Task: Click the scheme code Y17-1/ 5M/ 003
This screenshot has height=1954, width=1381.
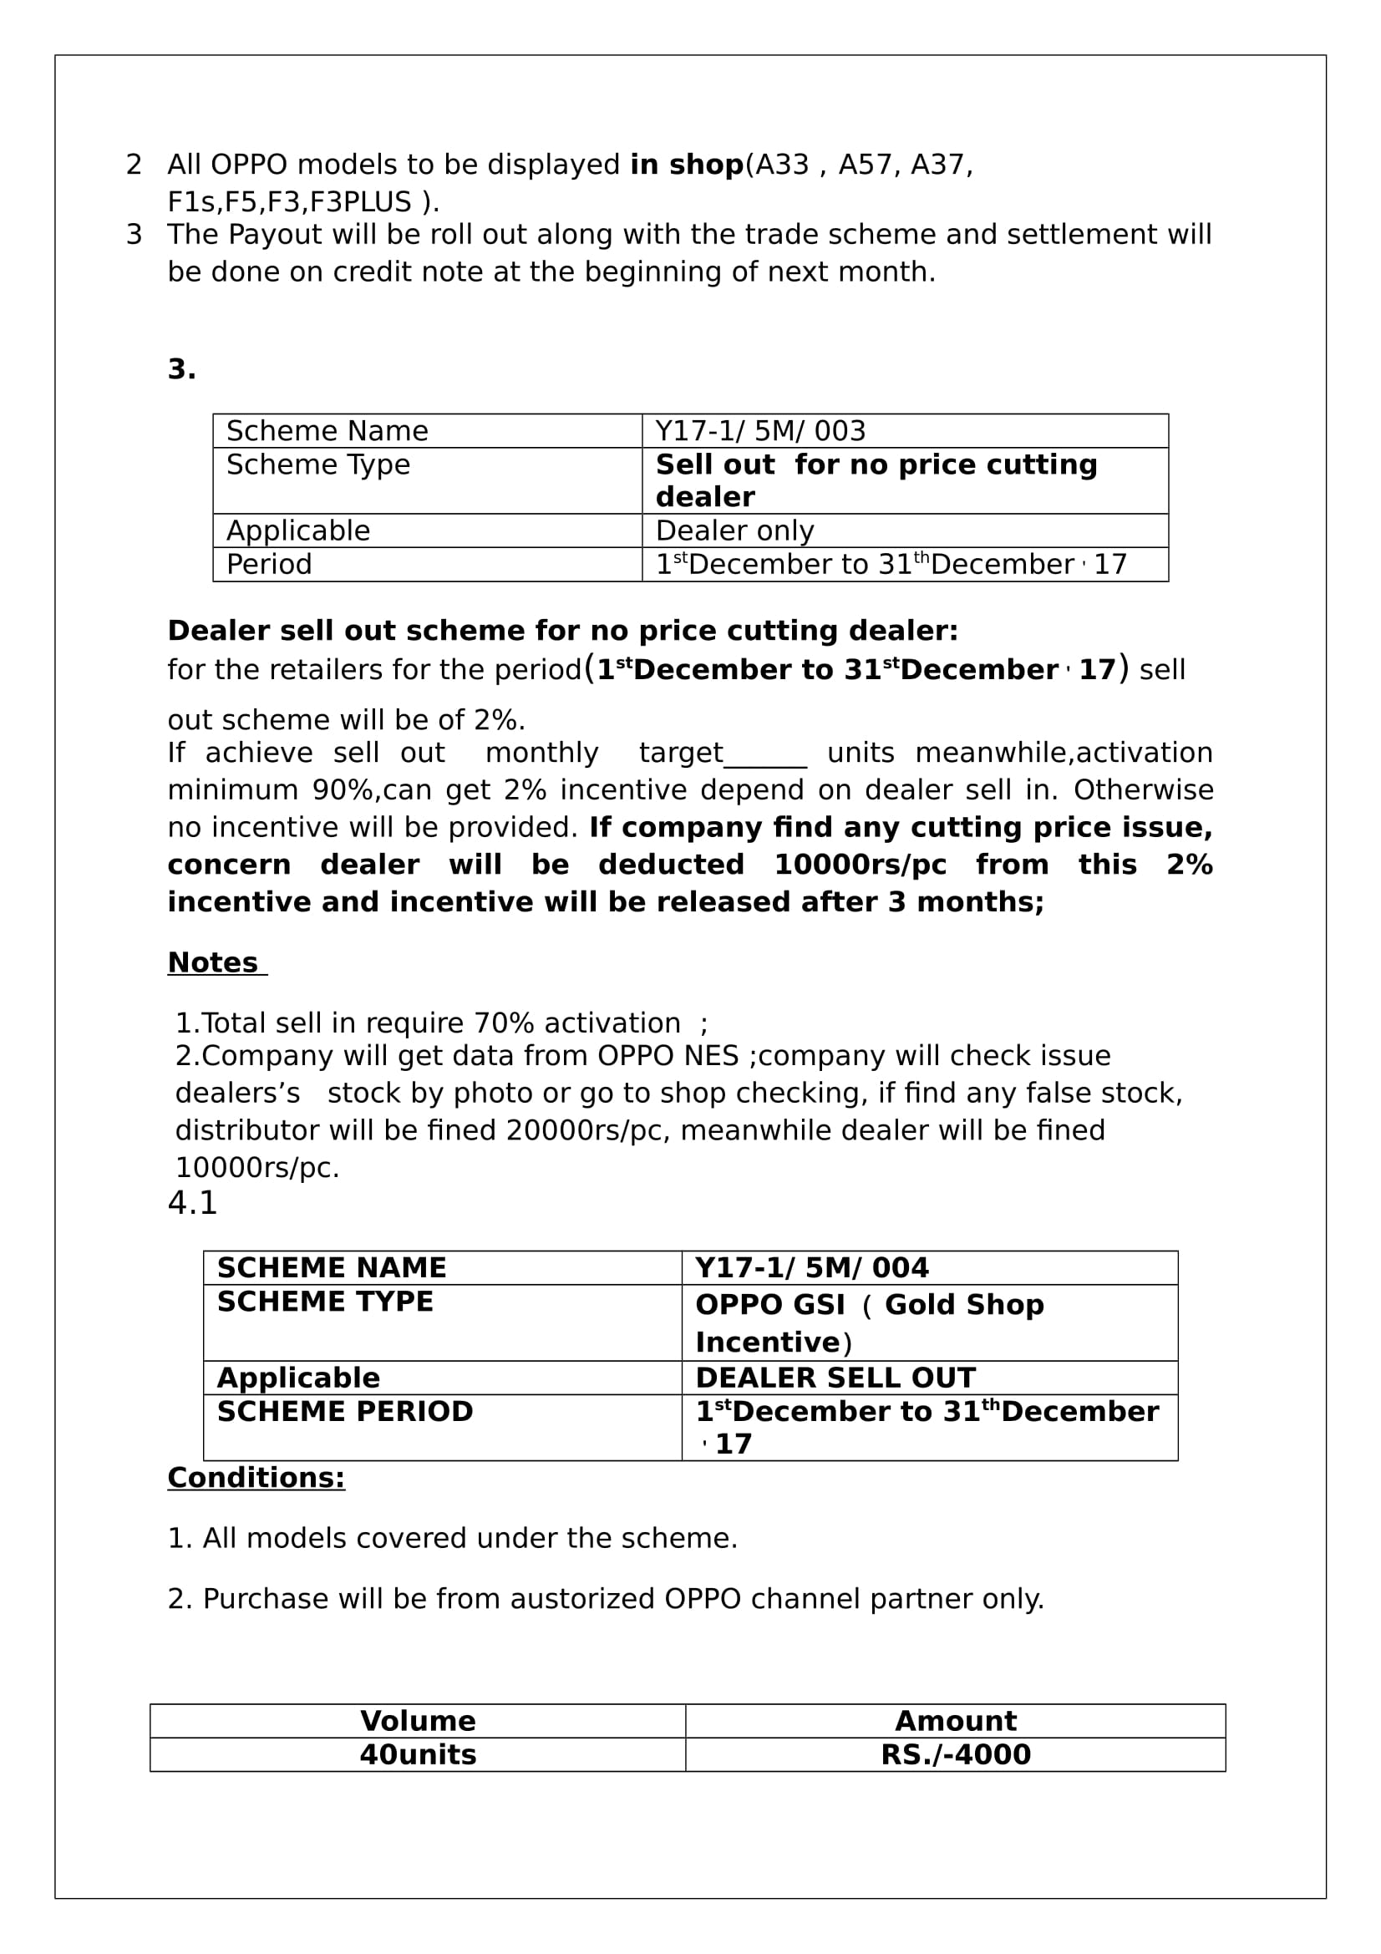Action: click(x=760, y=430)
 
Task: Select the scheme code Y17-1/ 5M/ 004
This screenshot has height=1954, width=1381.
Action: click(x=811, y=1267)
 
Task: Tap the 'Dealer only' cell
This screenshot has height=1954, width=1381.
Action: click(x=734, y=530)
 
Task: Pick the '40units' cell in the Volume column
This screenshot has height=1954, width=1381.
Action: click(x=417, y=1754)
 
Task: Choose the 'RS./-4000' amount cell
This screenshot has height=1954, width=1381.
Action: click(x=955, y=1754)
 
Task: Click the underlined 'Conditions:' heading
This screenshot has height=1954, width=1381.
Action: click(x=256, y=1478)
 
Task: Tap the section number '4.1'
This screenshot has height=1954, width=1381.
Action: click(x=192, y=1202)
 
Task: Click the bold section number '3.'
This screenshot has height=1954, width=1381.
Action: click(x=181, y=369)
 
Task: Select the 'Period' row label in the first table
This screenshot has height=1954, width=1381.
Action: click(x=269, y=564)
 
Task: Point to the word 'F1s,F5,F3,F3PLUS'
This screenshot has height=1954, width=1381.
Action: click(x=289, y=201)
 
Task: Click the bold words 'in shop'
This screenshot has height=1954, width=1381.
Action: click(x=687, y=165)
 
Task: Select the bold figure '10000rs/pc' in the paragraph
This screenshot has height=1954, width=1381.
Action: click(x=860, y=865)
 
